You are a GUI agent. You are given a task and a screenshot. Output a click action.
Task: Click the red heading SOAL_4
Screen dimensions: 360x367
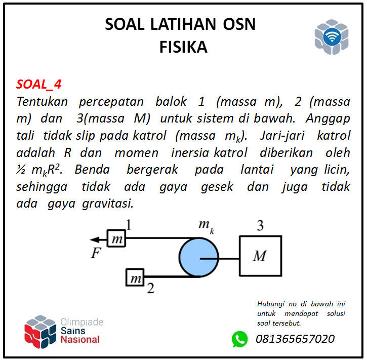tap(39, 84)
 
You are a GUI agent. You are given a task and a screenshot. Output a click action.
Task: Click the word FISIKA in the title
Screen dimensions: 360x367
tap(183, 47)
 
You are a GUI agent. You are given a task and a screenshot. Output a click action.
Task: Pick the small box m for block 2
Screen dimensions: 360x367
tap(135, 277)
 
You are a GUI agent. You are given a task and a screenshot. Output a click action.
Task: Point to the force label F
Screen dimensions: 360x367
tap(96, 254)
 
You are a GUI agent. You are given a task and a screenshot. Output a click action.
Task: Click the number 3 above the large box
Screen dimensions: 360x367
tap(260, 226)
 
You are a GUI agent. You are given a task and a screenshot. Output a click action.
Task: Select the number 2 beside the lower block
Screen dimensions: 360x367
tap(150, 290)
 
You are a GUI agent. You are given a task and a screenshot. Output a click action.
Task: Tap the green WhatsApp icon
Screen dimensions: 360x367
tap(240, 339)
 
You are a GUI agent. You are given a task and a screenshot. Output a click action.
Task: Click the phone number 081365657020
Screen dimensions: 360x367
tap(296, 339)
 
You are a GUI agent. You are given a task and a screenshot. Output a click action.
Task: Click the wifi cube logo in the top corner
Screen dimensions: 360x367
tap(332, 37)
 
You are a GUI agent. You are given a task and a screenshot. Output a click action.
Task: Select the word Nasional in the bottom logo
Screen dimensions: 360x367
tap(80, 340)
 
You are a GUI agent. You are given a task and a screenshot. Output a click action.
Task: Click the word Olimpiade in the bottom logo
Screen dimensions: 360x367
tap(82, 322)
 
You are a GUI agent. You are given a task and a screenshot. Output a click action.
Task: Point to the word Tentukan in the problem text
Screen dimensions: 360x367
tap(43, 101)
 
